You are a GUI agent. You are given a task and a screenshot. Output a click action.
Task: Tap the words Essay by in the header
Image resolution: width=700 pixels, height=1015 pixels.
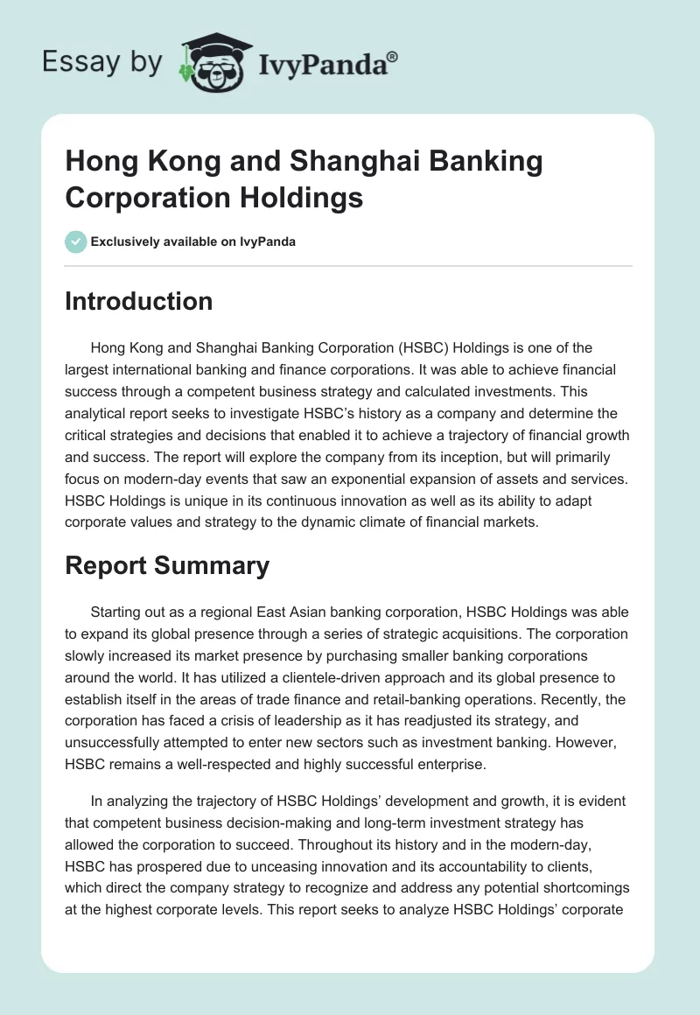[101, 62]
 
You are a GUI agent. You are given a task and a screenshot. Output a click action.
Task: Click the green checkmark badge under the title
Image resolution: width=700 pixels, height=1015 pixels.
[75, 241]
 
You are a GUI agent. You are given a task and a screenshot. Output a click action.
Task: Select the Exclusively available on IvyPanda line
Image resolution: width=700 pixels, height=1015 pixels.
[192, 241]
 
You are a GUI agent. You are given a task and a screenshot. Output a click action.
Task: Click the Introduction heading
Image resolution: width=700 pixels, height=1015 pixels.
[138, 301]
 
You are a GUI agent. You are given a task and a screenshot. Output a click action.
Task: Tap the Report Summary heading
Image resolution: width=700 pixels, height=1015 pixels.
[167, 565]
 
